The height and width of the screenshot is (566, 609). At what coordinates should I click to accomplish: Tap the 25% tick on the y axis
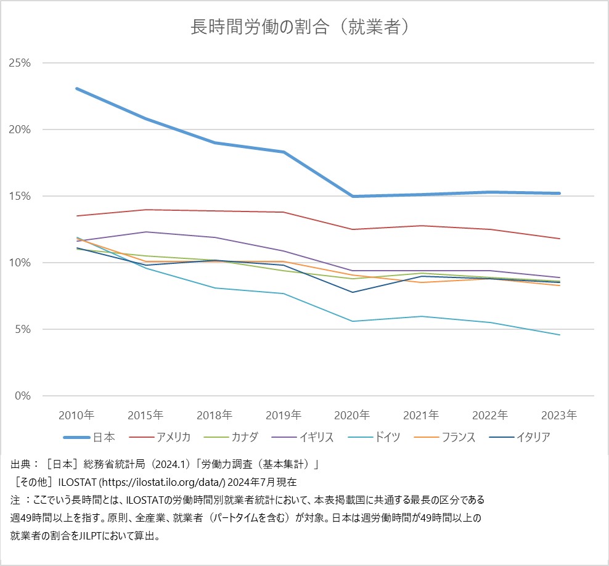(18, 63)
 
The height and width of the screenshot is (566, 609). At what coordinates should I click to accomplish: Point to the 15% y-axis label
(18, 196)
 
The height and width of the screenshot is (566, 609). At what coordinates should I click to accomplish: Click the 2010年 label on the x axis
(76, 415)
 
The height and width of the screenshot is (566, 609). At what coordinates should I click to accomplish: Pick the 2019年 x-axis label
(284, 415)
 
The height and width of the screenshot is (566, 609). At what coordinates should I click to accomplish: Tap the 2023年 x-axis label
(560, 415)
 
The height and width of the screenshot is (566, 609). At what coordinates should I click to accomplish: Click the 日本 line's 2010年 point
(76, 89)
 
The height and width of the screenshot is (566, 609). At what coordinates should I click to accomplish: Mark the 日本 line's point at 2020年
(353, 196)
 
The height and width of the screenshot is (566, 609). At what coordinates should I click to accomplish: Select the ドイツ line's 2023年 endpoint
(560, 335)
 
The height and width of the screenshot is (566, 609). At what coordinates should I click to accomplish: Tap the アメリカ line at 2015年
(145, 210)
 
